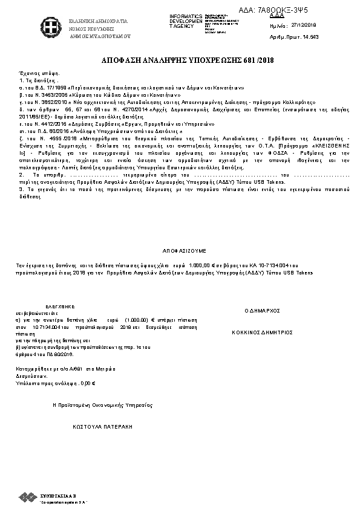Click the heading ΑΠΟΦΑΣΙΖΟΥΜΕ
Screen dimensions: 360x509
coord(184,249)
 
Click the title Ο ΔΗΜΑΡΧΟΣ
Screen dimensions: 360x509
coord(262,310)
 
